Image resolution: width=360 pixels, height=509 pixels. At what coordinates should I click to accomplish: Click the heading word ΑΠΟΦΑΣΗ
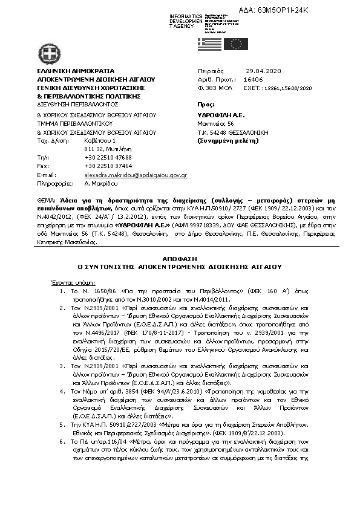point(180,257)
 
